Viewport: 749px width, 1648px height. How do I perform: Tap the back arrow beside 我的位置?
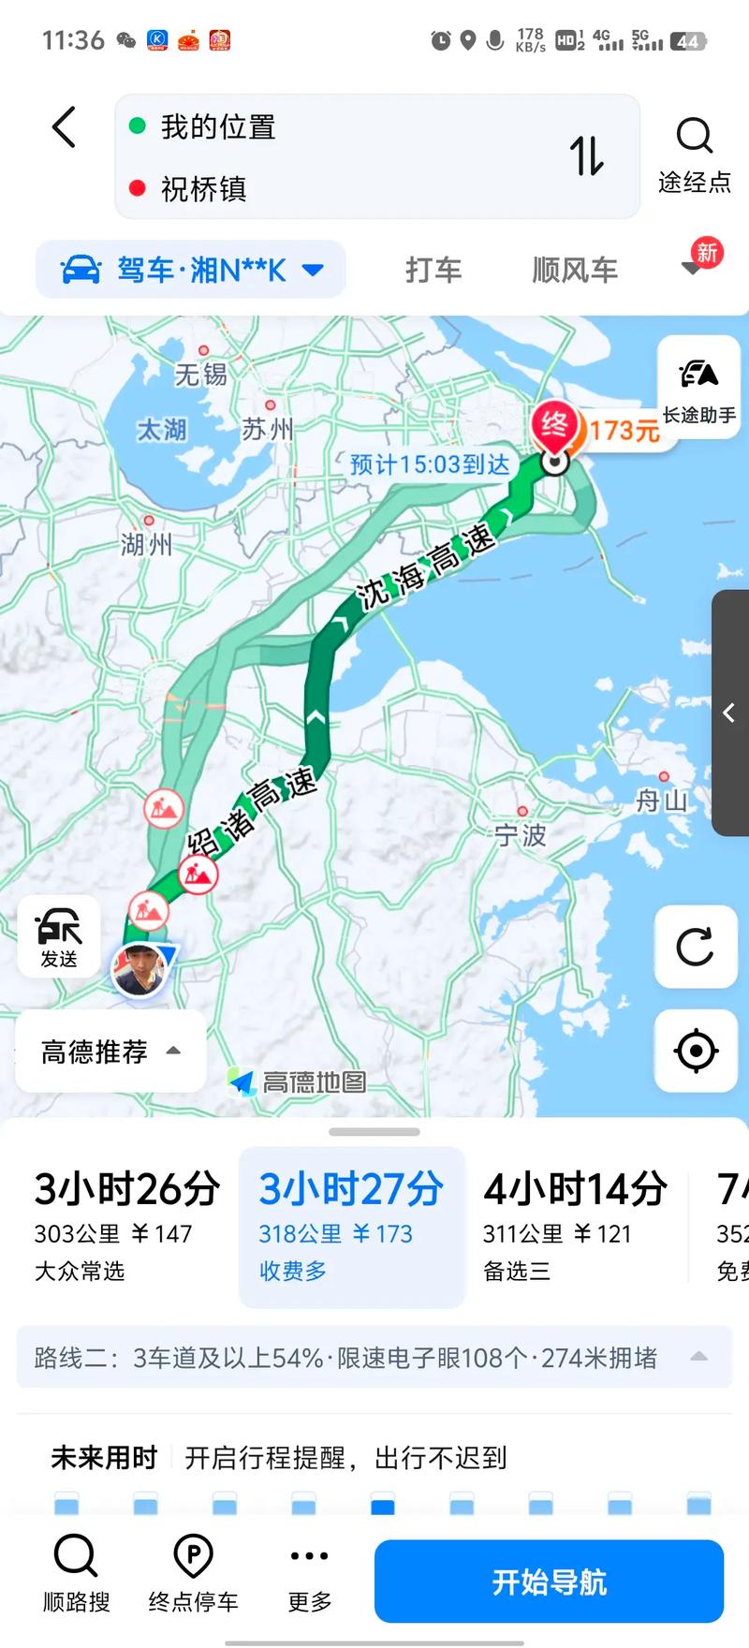click(x=64, y=127)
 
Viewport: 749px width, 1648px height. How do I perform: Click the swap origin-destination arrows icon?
click(x=587, y=155)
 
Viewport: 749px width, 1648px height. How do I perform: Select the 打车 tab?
click(x=433, y=270)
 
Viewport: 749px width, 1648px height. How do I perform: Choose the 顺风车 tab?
click(x=575, y=270)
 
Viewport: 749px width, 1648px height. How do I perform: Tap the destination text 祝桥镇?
click(x=203, y=189)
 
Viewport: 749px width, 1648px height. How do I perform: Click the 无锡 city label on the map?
click(x=201, y=375)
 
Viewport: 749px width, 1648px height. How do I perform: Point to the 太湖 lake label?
click(x=162, y=430)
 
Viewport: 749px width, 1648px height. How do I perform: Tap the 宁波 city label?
click(x=521, y=834)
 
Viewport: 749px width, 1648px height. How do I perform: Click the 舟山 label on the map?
click(x=662, y=801)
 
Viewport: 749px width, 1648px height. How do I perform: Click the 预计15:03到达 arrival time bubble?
click(x=430, y=464)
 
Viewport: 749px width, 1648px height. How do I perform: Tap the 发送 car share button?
click(x=59, y=937)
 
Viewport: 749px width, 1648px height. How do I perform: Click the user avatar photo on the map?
click(x=140, y=970)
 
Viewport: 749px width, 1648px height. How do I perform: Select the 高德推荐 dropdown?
click(x=110, y=1052)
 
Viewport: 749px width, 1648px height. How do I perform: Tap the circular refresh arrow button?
click(x=695, y=947)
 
